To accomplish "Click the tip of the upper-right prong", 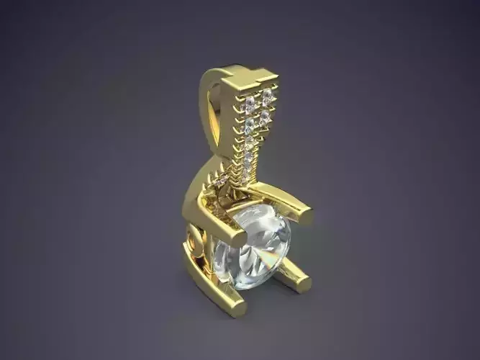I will coord(305,214).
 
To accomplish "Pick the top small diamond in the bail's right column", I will coord(267,94).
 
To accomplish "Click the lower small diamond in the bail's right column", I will coord(264,115).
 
